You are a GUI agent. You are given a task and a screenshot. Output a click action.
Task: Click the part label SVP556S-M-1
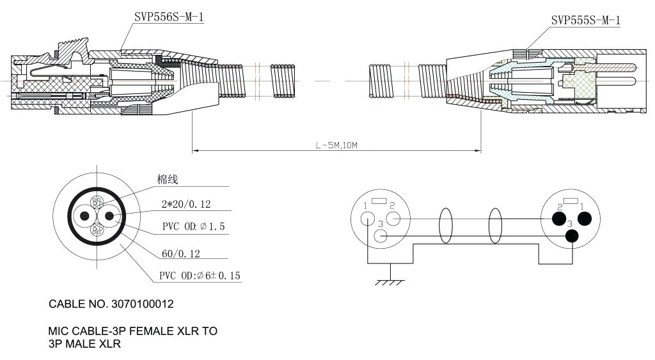pos(169,18)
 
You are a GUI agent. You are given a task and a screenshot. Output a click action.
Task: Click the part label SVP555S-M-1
pos(585,20)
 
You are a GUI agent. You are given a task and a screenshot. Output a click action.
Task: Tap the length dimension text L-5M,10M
pos(336,145)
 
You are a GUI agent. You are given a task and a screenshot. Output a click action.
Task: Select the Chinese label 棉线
pos(168,180)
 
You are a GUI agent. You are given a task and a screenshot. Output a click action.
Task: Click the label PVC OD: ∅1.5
pos(193,227)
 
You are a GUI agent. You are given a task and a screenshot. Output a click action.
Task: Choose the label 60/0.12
pos(180,254)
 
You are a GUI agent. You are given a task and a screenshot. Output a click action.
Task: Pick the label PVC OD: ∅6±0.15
pos(200,276)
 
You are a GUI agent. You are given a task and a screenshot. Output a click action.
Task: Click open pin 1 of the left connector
pos(367,219)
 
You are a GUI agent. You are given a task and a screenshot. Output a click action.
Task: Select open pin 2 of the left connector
pos(394,219)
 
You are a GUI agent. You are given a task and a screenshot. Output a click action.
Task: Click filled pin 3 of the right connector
pos(571,236)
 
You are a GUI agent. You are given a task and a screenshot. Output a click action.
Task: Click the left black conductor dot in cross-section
pos(84,216)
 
